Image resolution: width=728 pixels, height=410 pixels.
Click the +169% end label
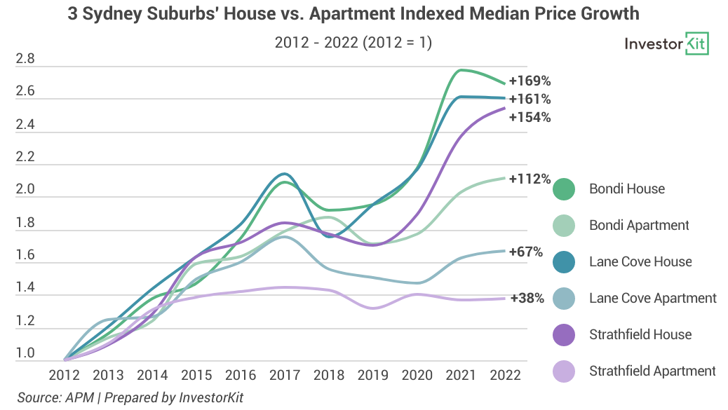(530, 80)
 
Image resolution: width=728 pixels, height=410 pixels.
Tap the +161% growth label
(530, 99)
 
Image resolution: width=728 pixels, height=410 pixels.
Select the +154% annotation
(530, 117)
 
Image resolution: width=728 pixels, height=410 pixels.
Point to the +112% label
(530, 179)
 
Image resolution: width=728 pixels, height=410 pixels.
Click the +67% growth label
(526, 252)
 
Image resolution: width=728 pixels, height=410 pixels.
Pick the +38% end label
(527, 298)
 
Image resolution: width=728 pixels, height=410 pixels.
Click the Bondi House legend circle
(564, 189)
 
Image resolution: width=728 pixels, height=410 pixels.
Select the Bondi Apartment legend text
(639, 225)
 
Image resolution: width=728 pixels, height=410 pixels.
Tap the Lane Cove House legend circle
(564, 261)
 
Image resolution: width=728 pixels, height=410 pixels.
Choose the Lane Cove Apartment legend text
(653, 298)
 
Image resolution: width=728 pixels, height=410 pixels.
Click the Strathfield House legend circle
(564, 334)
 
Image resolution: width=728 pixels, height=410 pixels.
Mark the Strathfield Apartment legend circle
(564, 371)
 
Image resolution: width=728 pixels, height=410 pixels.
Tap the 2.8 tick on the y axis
(25, 60)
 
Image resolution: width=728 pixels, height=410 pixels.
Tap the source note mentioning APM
(130, 397)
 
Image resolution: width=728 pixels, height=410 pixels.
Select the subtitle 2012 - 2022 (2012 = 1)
(353, 43)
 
